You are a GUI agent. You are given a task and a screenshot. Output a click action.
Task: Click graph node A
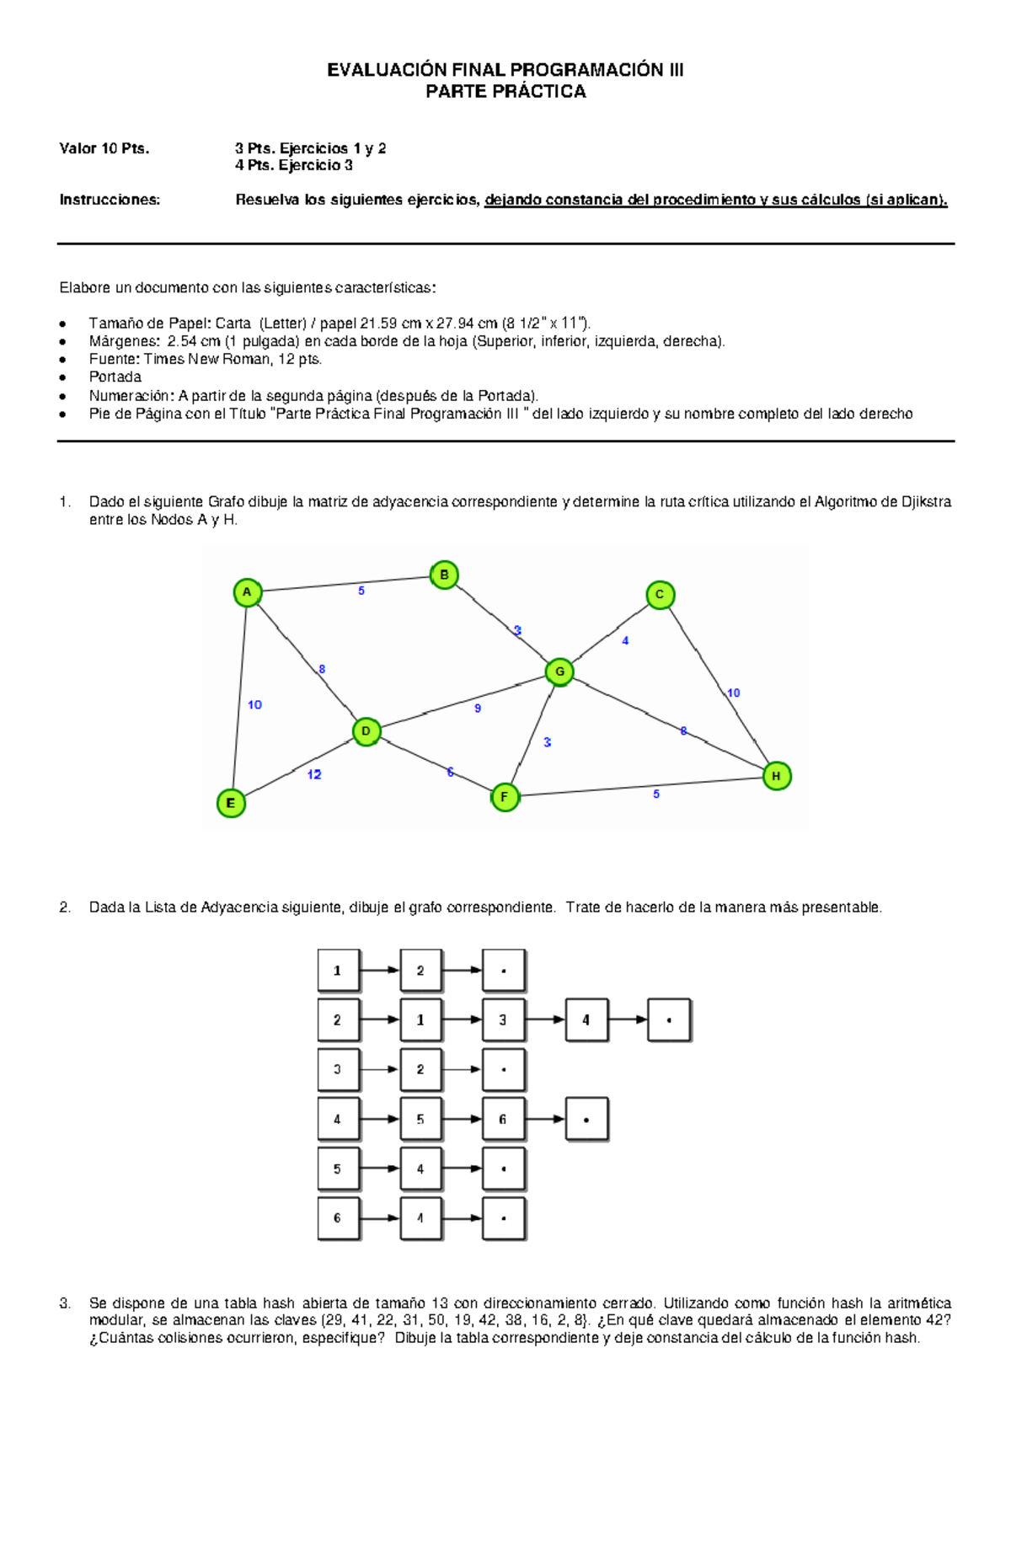click(247, 592)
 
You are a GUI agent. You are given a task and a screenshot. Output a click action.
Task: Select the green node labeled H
click(776, 776)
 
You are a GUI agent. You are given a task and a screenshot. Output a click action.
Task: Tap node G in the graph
click(559, 672)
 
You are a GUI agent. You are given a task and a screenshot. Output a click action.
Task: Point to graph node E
click(231, 803)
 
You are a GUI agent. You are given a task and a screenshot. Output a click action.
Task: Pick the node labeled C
click(660, 595)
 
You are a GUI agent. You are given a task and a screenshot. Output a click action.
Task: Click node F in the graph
click(505, 797)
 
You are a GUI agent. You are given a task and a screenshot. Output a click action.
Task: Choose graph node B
click(444, 575)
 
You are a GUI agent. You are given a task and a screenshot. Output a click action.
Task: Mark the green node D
click(366, 731)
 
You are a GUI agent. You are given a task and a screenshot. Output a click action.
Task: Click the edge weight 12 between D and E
click(314, 774)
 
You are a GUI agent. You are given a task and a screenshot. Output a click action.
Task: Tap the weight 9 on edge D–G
click(478, 709)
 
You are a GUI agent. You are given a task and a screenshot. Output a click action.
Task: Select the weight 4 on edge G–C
click(625, 641)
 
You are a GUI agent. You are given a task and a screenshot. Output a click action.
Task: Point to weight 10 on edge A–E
click(254, 704)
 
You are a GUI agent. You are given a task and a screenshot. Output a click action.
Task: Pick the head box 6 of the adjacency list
click(338, 1218)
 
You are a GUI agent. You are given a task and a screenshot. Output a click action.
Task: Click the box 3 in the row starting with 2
click(503, 1020)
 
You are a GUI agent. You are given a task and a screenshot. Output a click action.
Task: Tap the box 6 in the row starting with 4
click(503, 1120)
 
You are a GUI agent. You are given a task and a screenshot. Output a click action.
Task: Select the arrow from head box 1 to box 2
click(380, 971)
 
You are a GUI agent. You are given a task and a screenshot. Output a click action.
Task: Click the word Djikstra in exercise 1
click(926, 502)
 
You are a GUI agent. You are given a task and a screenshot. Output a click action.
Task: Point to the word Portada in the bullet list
click(115, 377)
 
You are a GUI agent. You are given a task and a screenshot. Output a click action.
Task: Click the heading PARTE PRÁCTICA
click(505, 92)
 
